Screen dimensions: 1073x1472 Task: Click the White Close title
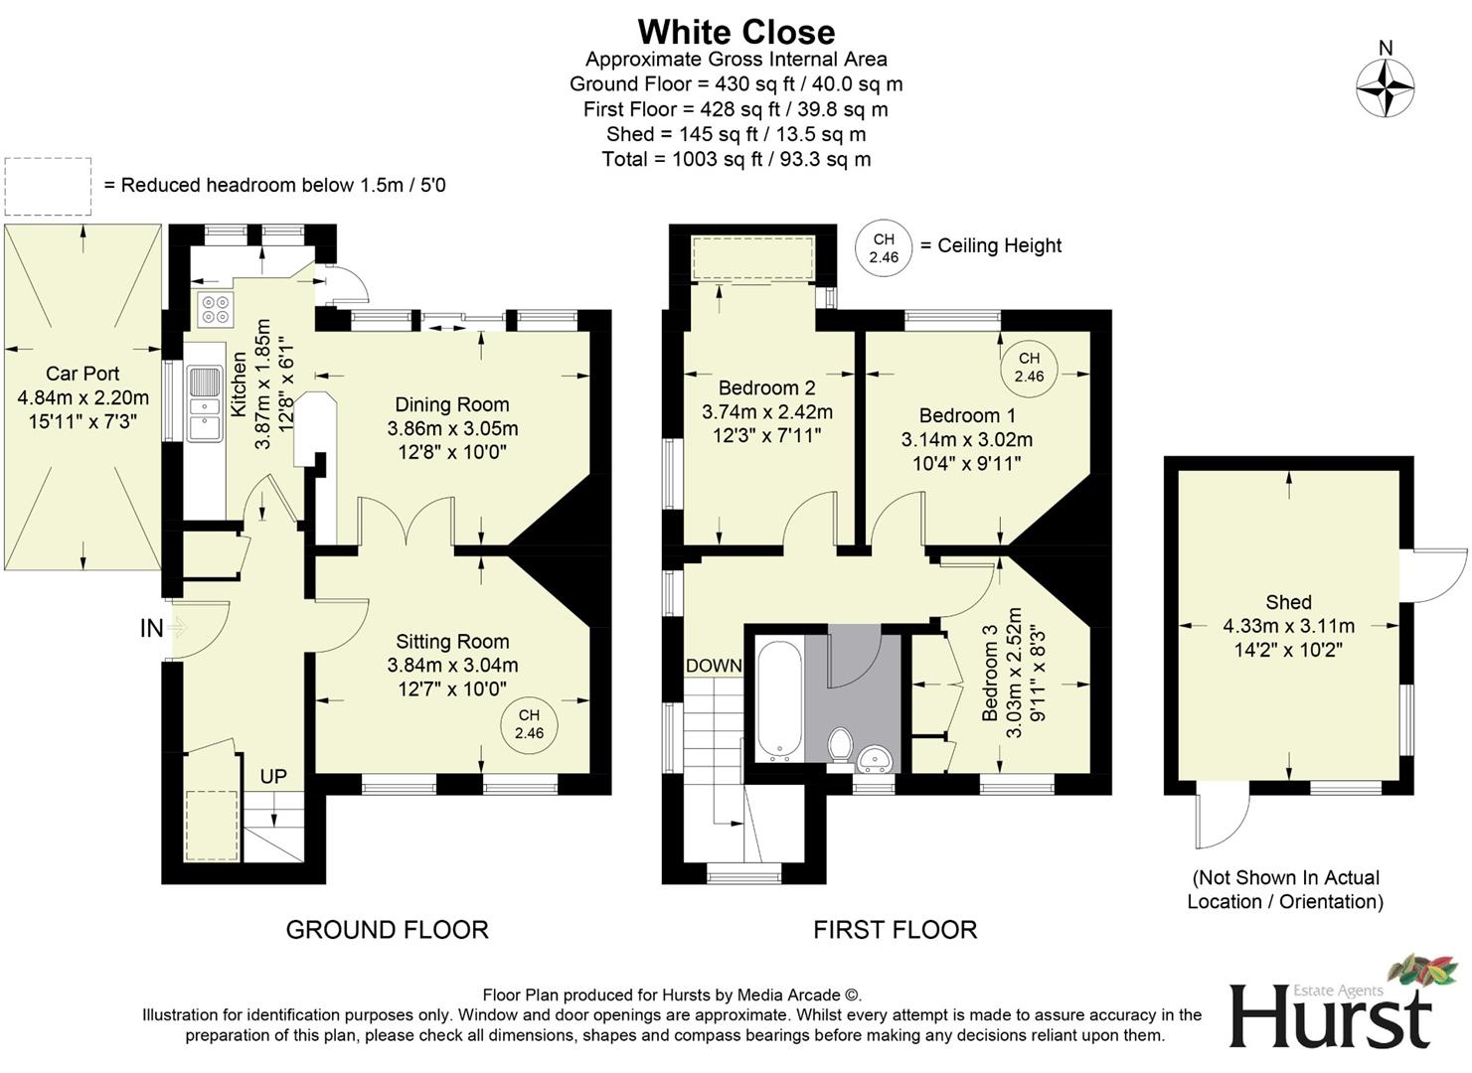click(736, 32)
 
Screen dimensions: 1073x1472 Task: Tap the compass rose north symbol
click(1386, 86)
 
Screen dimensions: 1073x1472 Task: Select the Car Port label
click(82, 374)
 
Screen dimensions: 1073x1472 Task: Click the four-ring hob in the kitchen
click(215, 310)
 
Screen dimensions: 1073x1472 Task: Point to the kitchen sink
click(204, 403)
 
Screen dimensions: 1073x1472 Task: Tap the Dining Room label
click(452, 404)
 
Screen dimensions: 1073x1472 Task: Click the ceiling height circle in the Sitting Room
click(529, 724)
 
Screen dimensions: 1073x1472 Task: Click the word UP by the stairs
click(273, 776)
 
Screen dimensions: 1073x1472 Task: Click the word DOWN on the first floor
click(714, 666)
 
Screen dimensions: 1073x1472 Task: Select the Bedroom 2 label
click(766, 387)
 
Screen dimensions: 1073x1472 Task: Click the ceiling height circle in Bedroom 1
click(1029, 367)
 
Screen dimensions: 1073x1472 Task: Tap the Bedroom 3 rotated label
click(990, 681)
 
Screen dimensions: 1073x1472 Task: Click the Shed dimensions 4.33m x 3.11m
click(1288, 626)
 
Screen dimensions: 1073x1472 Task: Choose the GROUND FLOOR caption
click(387, 930)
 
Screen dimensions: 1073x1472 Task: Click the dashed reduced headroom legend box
click(48, 186)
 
